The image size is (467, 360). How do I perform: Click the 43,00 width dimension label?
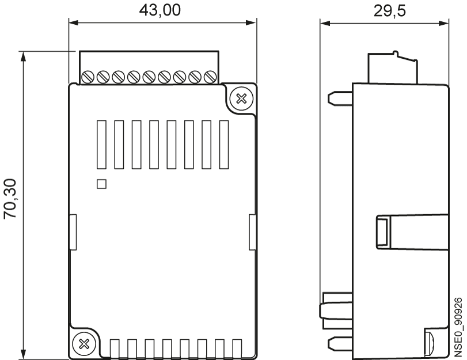pyautogui.click(x=160, y=10)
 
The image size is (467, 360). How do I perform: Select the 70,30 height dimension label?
pyautogui.click(x=10, y=199)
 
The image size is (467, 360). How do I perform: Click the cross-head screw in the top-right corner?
pyautogui.click(x=241, y=98)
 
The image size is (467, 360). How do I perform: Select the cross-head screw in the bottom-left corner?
pyautogui.click(x=84, y=344)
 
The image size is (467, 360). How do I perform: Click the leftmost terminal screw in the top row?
pyautogui.click(x=88, y=77)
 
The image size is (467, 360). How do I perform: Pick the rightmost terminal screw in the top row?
pyautogui.click(x=210, y=77)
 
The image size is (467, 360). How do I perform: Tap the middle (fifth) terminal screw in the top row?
pyautogui.click(x=149, y=77)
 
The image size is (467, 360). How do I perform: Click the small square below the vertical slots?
pyautogui.click(x=101, y=184)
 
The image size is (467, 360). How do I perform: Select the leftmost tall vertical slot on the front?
pyautogui.click(x=101, y=145)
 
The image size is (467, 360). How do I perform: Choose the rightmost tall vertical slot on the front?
pyautogui.click(x=224, y=145)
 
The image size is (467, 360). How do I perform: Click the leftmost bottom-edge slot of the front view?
pyautogui.click(x=115, y=348)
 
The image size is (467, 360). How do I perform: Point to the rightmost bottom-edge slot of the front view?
pyautogui.click(x=237, y=348)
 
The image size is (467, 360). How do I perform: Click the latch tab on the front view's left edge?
pyautogui.click(x=73, y=232)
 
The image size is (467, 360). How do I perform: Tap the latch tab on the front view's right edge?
pyautogui.click(x=253, y=232)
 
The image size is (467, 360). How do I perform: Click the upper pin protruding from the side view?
pyautogui.click(x=340, y=98)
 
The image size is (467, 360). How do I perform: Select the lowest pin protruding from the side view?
pyautogui.click(x=340, y=343)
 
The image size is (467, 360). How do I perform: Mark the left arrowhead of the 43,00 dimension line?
pyautogui.click(x=74, y=22)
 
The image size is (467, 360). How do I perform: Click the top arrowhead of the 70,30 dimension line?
pyautogui.click(x=23, y=56)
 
